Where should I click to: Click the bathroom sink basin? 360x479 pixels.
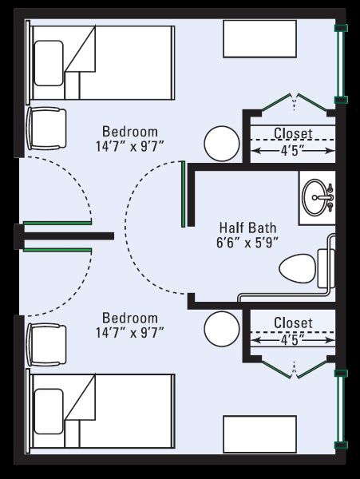[x=315, y=197]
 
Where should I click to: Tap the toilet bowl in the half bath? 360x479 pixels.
[x=298, y=268]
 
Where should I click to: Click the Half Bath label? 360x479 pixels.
[x=247, y=228]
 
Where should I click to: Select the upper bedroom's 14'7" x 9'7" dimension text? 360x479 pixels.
[x=130, y=146]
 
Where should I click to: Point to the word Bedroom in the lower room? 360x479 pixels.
[x=130, y=318]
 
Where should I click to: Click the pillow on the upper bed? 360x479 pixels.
[x=49, y=63]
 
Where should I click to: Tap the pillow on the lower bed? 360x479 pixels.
[x=49, y=411]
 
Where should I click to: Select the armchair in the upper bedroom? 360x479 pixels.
[x=46, y=129]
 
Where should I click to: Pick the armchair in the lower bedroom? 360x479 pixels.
[x=46, y=345]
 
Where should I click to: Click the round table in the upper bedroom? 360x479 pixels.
[x=222, y=144]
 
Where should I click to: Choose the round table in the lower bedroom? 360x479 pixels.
[x=222, y=329]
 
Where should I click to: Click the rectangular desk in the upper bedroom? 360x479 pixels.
[x=260, y=39]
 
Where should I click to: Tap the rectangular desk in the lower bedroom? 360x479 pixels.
[x=260, y=434]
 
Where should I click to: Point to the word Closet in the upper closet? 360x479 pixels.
[x=293, y=133]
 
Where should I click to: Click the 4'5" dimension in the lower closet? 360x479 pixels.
[x=293, y=340]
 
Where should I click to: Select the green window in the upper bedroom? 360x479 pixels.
[x=341, y=64]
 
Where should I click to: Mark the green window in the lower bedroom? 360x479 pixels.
[x=341, y=409]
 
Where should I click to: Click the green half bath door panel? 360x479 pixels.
[x=184, y=194]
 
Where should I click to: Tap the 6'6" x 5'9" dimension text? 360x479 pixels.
[x=247, y=243]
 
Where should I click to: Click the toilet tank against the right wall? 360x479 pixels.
[x=326, y=268]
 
